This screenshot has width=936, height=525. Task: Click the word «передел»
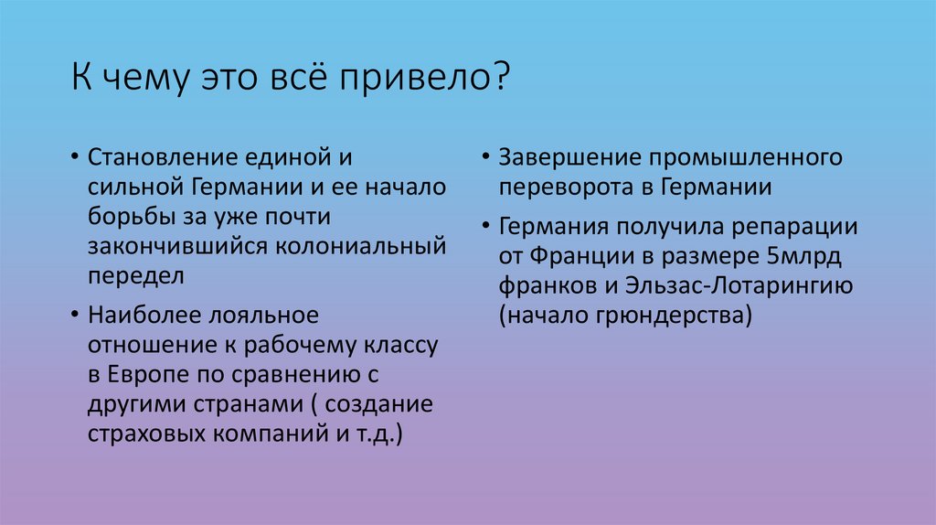tap(136, 273)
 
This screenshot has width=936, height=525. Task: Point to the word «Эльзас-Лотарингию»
tap(740, 285)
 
